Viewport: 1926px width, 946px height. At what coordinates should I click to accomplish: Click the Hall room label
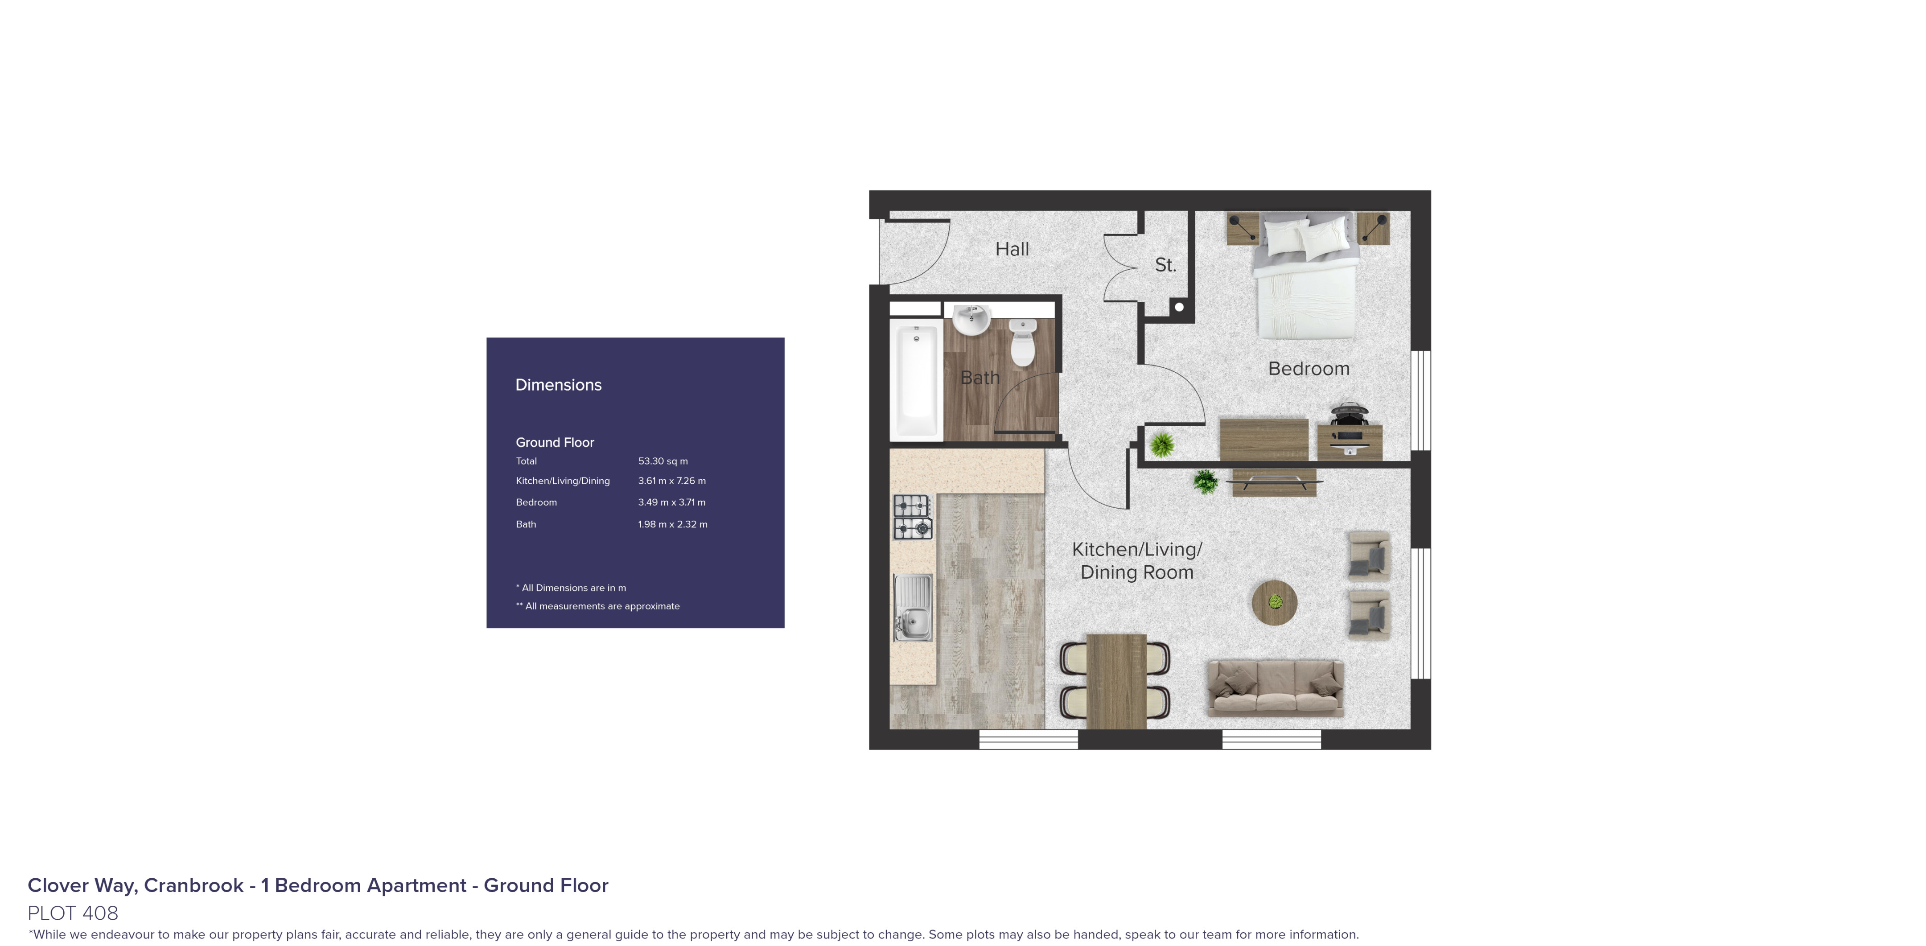1012,249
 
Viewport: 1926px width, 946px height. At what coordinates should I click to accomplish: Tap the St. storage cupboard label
1165,265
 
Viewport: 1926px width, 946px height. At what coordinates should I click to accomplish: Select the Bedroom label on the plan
1309,369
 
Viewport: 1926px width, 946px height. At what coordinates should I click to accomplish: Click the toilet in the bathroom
1022,342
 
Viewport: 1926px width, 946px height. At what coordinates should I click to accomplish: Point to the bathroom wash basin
971,320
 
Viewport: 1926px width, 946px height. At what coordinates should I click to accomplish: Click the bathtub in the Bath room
916,380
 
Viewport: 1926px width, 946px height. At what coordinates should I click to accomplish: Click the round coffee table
1274,602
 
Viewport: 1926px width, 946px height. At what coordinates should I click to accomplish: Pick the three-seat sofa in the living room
1275,687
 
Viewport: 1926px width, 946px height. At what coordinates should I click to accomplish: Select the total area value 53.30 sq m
663,461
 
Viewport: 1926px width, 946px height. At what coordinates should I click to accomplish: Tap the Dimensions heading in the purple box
558,385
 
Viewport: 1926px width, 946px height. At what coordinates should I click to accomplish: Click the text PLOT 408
73,913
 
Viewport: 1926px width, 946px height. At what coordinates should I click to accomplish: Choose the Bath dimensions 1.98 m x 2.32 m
672,524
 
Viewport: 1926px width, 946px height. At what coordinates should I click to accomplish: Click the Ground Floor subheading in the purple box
554,443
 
